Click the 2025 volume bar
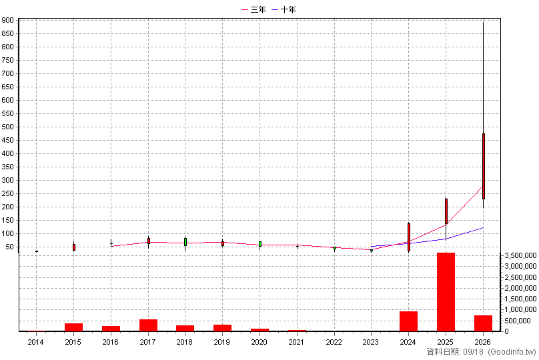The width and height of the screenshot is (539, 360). coord(446,292)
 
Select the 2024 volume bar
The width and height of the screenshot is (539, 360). coord(408,321)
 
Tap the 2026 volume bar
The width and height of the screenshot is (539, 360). coord(483,323)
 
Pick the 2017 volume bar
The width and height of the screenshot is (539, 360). coord(148,325)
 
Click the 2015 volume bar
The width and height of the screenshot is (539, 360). coord(73,327)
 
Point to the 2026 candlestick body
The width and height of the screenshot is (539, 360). coord(484,166)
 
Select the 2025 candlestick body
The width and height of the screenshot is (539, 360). coord(446,211)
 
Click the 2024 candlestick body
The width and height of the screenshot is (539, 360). coord(409,237)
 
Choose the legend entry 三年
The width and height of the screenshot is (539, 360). coord(254,9)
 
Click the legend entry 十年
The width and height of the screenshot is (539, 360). coord(284,9)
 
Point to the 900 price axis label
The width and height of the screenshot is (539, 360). coord(7,20)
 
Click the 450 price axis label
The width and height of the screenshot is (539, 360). coord(7,140)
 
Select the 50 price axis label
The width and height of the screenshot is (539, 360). coord(9,247)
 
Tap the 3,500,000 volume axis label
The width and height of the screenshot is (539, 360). coord(520,255)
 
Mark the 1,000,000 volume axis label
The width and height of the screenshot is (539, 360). coord(520,310)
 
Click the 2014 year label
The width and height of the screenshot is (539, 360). coord(36,342)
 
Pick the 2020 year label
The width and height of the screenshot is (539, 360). coord(259,342)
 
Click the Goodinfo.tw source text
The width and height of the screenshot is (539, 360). coord(512,352)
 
